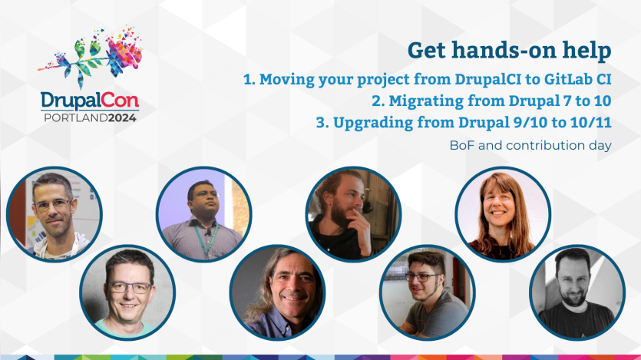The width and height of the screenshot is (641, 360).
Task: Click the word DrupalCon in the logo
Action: (x=90, y=100)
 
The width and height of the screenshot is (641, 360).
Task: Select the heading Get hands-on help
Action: (x=509, y=51)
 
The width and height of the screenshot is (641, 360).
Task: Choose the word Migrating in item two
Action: (x=425, y=101)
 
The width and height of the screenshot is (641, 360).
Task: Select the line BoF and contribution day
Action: (x=530, y=144)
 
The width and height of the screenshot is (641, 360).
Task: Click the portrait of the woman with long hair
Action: (x=503, y=214)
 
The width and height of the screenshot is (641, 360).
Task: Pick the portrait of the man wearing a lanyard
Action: (x=203, y=214)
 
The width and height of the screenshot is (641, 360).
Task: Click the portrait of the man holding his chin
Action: (x=353, y=214)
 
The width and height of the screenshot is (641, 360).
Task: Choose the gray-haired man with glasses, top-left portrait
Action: (x=54, y=214)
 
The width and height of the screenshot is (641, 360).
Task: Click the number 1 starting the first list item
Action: (x=247, y=79)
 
